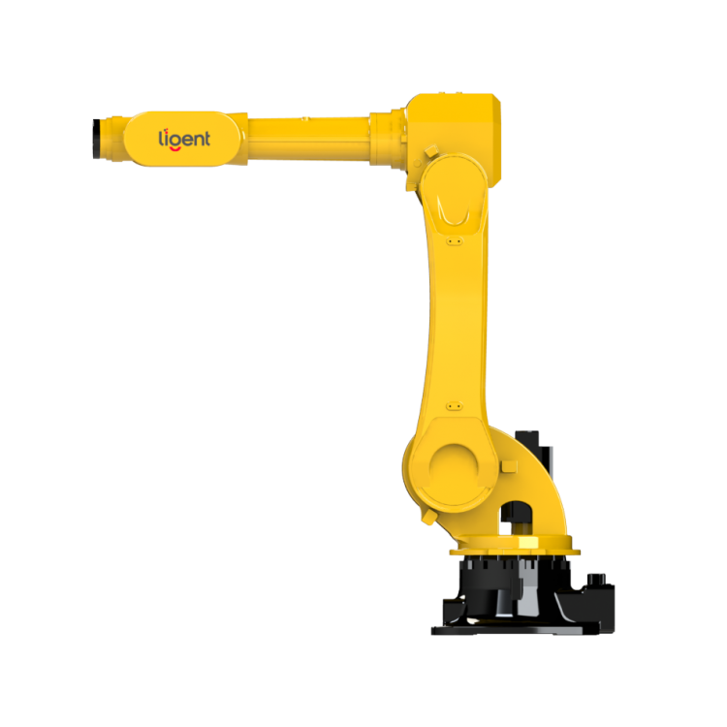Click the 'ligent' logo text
point(184,139)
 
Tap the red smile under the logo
point(174,149)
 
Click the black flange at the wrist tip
point(96,139)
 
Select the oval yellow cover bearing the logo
point(182,139)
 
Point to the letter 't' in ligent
point(206,139)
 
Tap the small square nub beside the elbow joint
point(431,150)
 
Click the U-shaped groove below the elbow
point(454,211)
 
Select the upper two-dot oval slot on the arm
point(455,241)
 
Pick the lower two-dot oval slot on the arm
point(455,406)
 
